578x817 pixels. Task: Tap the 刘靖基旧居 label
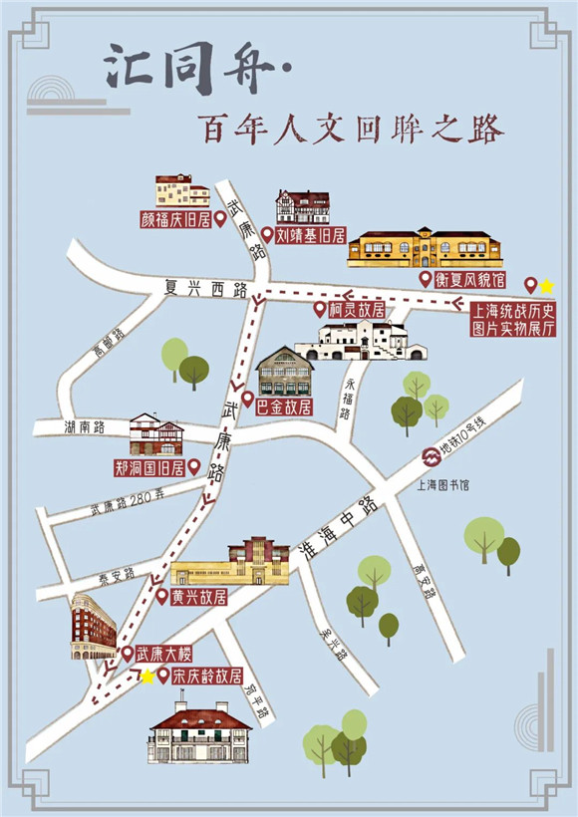310,236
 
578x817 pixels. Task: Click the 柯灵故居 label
357,310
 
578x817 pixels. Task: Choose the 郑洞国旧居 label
149,466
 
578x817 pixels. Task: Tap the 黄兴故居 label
199,597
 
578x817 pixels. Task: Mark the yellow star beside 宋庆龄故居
147,677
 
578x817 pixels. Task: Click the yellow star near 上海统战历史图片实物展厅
546,285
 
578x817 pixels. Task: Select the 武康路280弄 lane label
127,504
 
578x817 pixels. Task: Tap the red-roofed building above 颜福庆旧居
182,190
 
